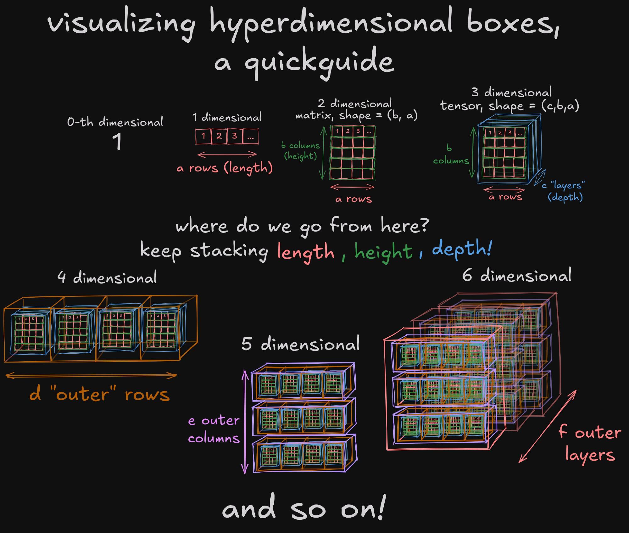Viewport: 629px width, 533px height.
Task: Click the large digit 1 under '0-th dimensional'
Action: [x=117, y=141]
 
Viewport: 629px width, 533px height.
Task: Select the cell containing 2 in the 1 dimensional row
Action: [x=219, y=136]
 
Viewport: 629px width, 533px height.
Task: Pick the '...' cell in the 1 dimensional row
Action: [x=250, y=137]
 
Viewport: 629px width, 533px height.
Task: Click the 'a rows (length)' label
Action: [x=225, y=168]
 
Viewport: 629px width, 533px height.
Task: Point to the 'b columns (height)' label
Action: [x=300, y=151]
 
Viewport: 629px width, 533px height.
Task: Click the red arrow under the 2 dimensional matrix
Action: [x=352, y=187]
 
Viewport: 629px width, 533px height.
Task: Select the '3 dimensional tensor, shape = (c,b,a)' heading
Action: [x=509, y=99]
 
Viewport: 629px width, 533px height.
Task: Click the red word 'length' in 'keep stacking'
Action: [x=305, y=252]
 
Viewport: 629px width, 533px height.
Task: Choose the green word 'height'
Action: [x=383, y=252]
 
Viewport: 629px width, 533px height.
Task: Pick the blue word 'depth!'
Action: [x=461, y=249]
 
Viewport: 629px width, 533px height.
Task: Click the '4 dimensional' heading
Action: [x=107, y=278]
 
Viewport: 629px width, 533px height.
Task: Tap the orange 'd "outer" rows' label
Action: [x=100, y=394]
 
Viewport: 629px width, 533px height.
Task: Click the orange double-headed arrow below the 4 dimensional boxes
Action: [x=91, y=375]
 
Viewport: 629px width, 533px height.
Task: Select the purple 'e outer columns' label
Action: [x=214, y=429]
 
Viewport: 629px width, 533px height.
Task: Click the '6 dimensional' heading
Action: [x=517, y=275]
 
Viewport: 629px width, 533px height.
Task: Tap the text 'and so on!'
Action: [x=303, y=508]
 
